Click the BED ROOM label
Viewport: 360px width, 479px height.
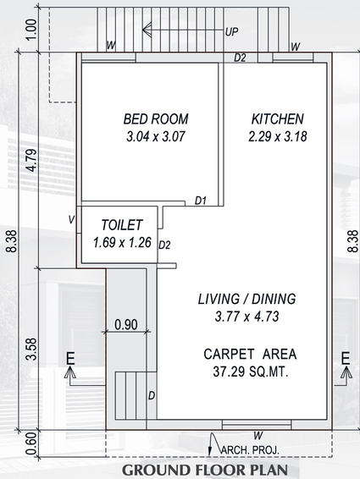click(156, 119)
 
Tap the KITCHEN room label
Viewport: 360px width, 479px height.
click(278, 119)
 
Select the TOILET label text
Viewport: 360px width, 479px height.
click(122, 225)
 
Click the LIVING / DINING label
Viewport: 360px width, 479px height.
click(246, 299)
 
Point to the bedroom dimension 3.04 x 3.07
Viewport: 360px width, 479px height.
click(156, 136)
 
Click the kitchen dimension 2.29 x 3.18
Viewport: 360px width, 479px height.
click(278, 136)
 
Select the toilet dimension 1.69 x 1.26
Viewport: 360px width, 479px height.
click(122, 243)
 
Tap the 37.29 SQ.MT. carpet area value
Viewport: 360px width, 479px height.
click(251, 372)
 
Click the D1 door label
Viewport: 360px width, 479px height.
click(201, 201)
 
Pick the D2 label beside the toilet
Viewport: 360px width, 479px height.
click(164, 245)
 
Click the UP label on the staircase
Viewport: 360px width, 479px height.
click(231, 32)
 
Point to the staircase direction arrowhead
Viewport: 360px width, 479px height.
click(147, 30)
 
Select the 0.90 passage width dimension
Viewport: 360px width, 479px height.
click(126, 324)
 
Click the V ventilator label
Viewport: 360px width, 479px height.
click(71, 219)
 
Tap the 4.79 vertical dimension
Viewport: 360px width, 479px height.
click(32, 161)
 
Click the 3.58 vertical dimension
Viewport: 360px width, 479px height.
click(32, 350)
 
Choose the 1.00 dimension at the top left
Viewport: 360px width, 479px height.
click(32, 30)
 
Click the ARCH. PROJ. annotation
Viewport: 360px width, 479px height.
click(250, 450)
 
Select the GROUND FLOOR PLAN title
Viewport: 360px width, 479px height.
click(205, 471)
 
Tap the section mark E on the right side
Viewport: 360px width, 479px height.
click(346, 358)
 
